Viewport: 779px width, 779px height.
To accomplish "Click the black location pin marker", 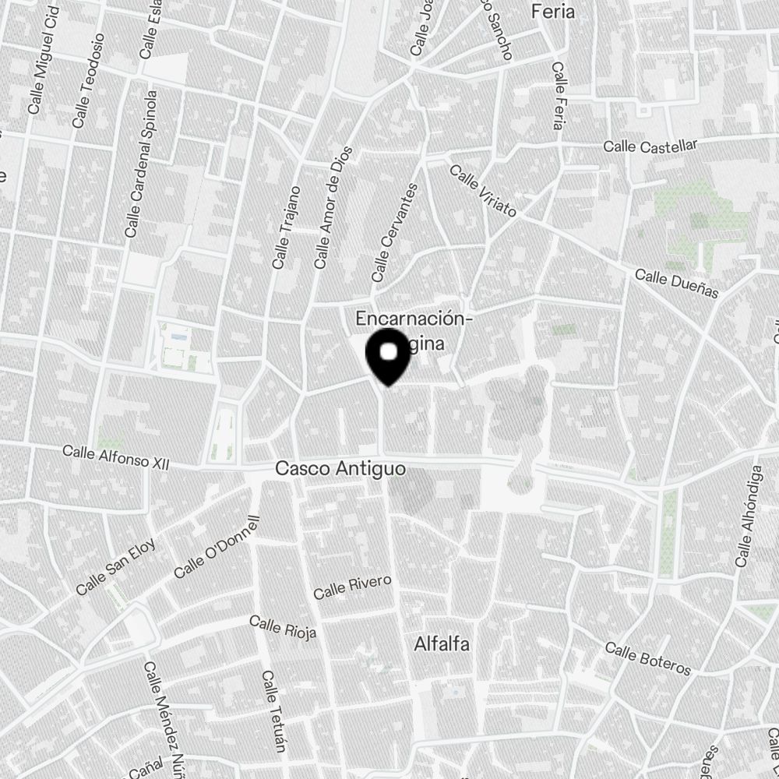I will pyautogui.click(x=388, y=356).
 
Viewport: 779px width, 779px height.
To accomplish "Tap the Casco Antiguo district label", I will pyautogui.click(x=340, y=469).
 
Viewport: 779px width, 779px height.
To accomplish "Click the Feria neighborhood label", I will pyautogui.click(x=552, y=12).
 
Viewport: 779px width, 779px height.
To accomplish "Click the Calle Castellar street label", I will pyautogui.click(x=650, y=145).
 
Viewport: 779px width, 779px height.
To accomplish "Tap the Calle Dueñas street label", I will pyautogui.click(x=675, y=284).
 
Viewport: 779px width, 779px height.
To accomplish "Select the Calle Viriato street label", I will pyautogui.click(x=483, y=192).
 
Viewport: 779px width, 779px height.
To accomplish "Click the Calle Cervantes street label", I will pyautogui.click(x=395, y=232).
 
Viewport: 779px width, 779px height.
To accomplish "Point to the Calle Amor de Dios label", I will pyautogui.click(x=333, y=208).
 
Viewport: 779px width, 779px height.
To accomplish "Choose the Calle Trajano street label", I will pyautogui.click(x=286, y=227).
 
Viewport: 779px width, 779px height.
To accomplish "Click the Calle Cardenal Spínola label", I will pyautogui.click(x=141, y=164).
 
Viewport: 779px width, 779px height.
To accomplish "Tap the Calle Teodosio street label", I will pyautogui.click(x=88, y=91).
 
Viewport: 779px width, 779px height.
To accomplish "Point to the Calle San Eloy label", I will pyautogui.click(x=115, y=567).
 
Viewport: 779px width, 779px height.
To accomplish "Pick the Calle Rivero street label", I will pyautogui.click(x=352, y=587).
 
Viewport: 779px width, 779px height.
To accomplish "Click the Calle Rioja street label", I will pyautogui.click(x=283, y=626).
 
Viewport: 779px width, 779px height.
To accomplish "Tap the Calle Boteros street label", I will pyautogui.click(x=647, y=660).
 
